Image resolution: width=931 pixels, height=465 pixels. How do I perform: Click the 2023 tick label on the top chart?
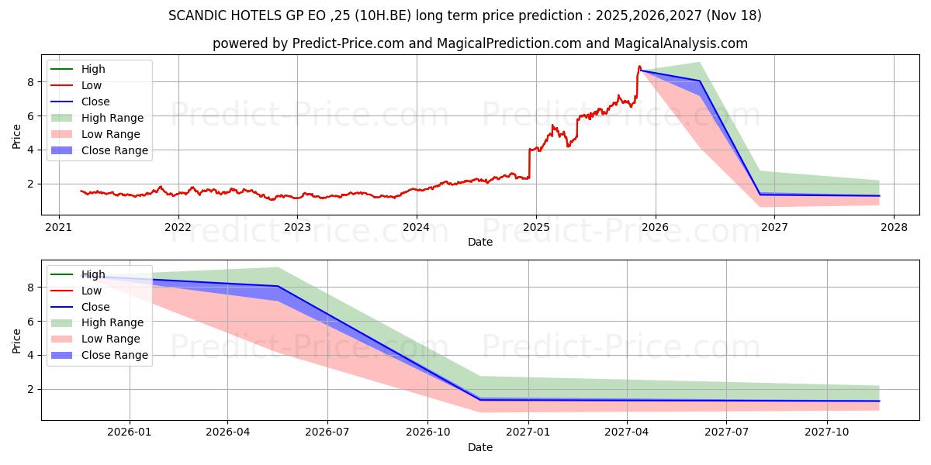point(297,227)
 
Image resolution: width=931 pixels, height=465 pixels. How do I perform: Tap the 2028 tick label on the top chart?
point(894,227)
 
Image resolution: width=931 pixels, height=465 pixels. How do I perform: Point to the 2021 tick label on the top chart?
point(59,227)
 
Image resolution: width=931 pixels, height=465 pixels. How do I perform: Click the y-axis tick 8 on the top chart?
point(29,81)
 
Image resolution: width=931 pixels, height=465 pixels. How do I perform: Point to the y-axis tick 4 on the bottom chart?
point(29,355)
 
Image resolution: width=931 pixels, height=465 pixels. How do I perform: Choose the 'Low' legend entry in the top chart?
point(92,85)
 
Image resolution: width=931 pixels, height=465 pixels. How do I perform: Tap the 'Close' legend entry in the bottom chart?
point(95,307)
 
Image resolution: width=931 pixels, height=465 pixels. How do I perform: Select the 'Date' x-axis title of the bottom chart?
point(480,447)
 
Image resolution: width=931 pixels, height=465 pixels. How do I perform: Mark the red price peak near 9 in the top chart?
point(639,67)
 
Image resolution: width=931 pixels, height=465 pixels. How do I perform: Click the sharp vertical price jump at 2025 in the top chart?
point(529,163)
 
